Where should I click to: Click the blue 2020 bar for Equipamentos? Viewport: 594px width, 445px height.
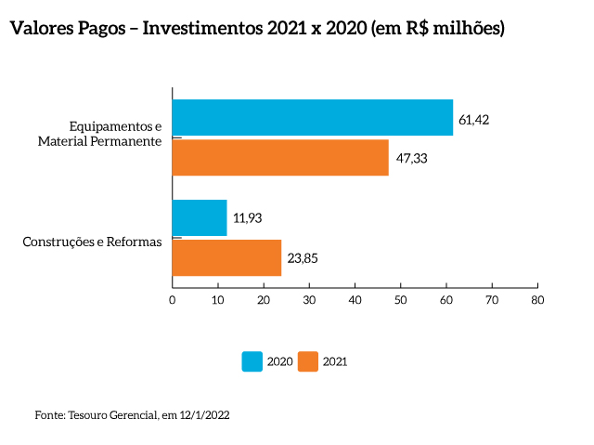coord(313,118)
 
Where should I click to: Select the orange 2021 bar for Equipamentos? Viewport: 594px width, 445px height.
coord(280,157)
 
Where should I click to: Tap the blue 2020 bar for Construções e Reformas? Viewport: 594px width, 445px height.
coord(200,217)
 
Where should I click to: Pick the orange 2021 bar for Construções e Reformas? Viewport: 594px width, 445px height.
coord(226,257)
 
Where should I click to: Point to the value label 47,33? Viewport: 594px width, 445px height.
coord(411,159)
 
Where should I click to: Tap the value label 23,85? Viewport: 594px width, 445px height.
coord(303,258)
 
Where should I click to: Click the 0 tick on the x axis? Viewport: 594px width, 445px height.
coord(173,299)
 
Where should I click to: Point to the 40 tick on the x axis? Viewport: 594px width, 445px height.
coord(355,299)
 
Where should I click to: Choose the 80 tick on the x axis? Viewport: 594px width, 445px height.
coord(536,299)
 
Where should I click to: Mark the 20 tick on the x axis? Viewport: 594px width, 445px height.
coord(264,299)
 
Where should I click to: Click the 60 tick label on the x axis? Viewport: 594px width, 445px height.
coord(445,299)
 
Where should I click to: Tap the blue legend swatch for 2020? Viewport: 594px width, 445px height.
coord(252,361)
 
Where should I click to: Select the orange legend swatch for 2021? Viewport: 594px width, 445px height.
coord(308,361)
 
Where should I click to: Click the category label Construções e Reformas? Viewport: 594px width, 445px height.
coord(92,242)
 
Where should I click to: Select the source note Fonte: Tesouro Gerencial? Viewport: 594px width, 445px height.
coord(131,415)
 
